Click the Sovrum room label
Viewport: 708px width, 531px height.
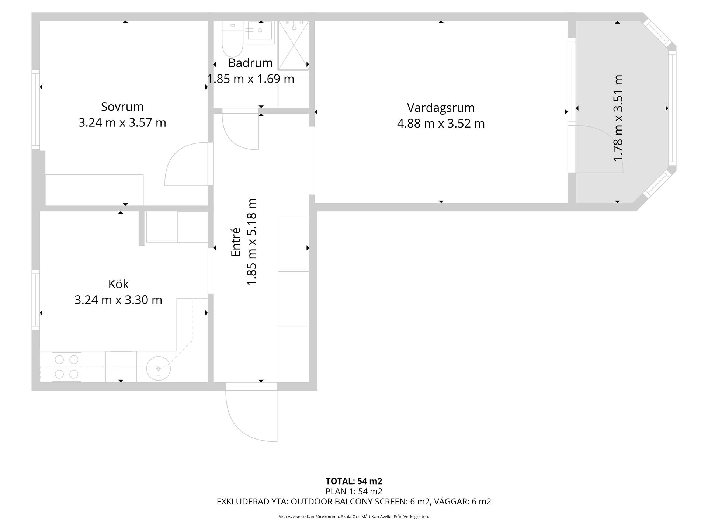tap(122, 107)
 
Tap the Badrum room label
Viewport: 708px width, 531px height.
tap(250, 63)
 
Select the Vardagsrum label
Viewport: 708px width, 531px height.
tap(441, 108)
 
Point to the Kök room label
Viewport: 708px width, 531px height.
tap(118, 284)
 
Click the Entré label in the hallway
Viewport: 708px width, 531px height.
tap(236, 242)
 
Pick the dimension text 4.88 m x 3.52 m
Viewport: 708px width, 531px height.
tap(441, 123)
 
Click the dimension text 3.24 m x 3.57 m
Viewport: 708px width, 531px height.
tap(122, 122)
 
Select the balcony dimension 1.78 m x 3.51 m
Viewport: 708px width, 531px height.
tap(618, 118)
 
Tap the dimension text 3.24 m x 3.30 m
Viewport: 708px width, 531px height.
tap(118, 300)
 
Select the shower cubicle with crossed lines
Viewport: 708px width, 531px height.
tap(293, 45)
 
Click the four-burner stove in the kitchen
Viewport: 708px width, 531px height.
tap(67, 367)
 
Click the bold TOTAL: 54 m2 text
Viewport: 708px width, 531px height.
tap(354, 481)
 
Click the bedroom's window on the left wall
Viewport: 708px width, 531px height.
tap(36, 110)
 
